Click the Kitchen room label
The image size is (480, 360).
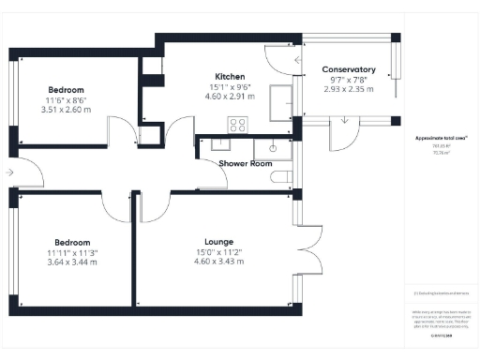point(230,76)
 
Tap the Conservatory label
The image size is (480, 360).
point(349,70)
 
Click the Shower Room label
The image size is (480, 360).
point(245,163)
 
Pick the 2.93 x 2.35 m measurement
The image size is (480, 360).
point(349,90)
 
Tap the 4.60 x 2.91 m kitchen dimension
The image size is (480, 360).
point(230,96)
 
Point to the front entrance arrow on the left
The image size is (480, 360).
point(9,172)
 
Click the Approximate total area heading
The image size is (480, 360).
point(442,139)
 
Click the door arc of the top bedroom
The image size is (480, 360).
point(120,130)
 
